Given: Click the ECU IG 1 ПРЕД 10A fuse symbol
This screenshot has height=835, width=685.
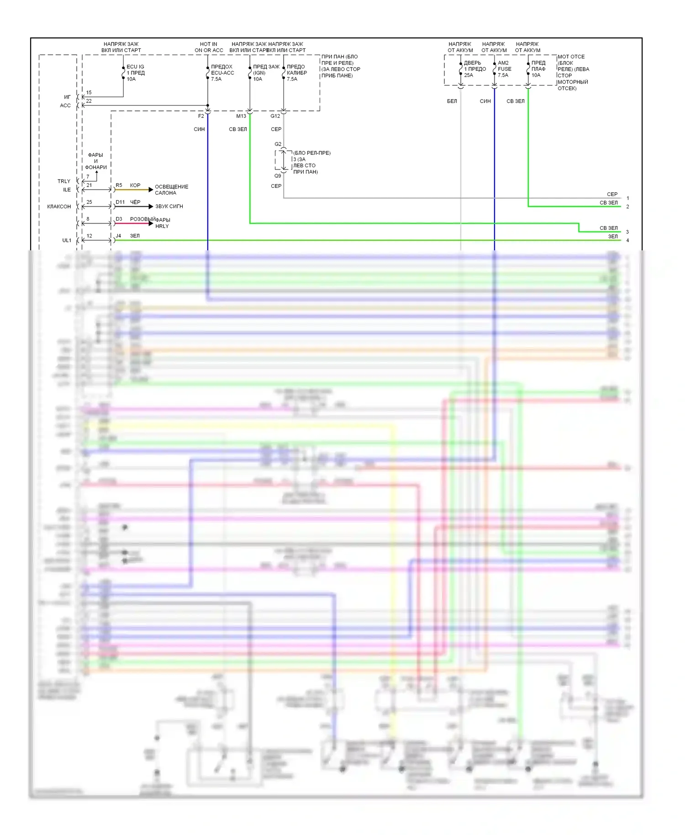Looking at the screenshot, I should tap(123, 73).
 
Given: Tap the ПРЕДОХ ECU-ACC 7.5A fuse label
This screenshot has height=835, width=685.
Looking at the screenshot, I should tap(222, 73).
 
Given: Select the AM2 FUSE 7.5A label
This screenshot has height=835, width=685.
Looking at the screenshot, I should tap(504, 69).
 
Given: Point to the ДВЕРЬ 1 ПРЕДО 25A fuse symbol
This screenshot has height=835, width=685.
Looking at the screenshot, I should tap(461, 69).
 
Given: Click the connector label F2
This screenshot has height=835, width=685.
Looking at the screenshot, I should tap(201, 116).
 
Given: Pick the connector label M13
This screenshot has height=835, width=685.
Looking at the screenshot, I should tap(241, 116).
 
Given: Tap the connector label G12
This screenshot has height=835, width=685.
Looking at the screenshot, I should tap(275, 116).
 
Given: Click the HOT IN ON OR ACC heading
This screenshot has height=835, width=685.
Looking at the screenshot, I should tap(209, 47).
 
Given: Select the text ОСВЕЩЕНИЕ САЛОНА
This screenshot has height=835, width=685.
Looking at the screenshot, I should tap(171, 190).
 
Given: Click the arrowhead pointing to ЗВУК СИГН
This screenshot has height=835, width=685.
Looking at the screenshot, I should tap(151, 206).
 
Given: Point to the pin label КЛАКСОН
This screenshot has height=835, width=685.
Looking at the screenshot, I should tap(59, 206).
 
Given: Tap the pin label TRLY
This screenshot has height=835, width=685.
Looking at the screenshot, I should tap(64, 181).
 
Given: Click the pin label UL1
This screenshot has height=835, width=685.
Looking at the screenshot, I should tap(67, 240).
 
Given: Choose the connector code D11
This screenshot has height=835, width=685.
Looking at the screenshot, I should tap(120, 202).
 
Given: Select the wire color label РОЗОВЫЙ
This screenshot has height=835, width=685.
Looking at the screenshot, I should tap(142, 219).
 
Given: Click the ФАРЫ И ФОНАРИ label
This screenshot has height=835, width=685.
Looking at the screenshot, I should tap(96, 161).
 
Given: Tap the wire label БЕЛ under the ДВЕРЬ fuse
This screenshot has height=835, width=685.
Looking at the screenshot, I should tap(452, 101).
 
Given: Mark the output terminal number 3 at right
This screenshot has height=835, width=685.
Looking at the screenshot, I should tap(627, 232).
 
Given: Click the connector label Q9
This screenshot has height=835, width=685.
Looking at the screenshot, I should tap(278, 176).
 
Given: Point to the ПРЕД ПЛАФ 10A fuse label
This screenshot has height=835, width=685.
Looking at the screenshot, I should tap(538, 69).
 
